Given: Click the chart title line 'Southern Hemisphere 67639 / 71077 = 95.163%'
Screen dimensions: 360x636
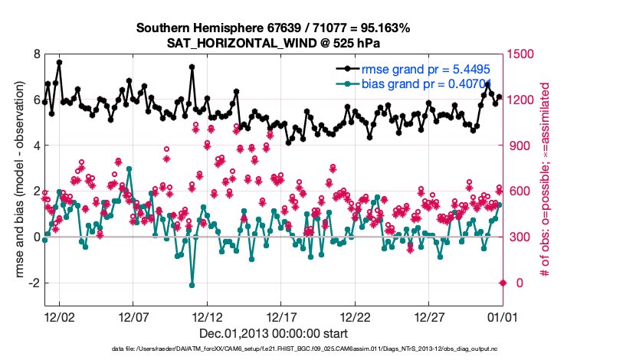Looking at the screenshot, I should [273, 28].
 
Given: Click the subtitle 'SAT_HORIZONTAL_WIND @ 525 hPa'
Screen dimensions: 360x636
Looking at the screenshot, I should [273, 43].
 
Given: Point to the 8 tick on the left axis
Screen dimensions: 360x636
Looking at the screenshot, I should [35, 54].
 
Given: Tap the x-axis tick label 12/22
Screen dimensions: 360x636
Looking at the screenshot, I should [355, 316].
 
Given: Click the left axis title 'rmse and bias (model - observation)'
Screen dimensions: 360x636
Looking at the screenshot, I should [16, 180].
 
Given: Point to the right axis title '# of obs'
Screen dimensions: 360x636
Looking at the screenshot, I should [545, 180].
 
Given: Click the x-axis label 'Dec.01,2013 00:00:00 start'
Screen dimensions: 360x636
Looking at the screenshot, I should [273, 333].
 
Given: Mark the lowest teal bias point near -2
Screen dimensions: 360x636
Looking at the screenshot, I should [192, 285].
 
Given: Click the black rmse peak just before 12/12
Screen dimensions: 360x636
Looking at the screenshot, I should [192, 67].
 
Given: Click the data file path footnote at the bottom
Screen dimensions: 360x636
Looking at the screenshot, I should [273, 349].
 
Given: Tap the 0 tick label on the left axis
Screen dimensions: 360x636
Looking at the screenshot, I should [35, 237].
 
